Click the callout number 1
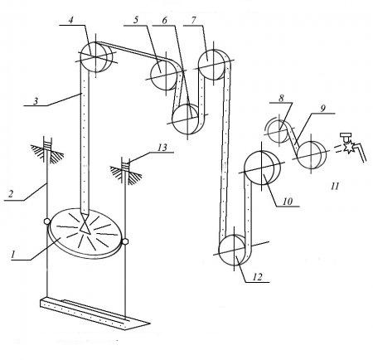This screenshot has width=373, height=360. tap(12, 255)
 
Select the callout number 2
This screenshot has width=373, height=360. tap(10, 193)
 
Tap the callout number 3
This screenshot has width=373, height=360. tap(36, 101)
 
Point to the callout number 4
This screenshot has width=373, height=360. tap(70, 21)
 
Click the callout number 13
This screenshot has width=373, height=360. tap(162, 148)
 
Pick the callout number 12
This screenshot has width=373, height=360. tap(257, 277)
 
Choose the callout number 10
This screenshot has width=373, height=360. tap(288, 201)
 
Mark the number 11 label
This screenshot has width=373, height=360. tap(335, 186)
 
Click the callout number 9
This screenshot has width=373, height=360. tap(322, 109)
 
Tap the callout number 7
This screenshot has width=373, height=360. tap(193, 21)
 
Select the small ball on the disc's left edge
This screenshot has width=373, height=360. tap(46, 221)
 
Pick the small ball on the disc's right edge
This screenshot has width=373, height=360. tap(124, 242)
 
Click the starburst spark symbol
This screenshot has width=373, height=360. tap(349, 147)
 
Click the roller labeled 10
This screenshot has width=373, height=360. tap(262, 168)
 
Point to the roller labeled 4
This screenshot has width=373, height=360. tap(96, 56)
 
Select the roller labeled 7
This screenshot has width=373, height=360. tap(215, 65)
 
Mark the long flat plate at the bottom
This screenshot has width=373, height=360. tap(94, 314)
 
